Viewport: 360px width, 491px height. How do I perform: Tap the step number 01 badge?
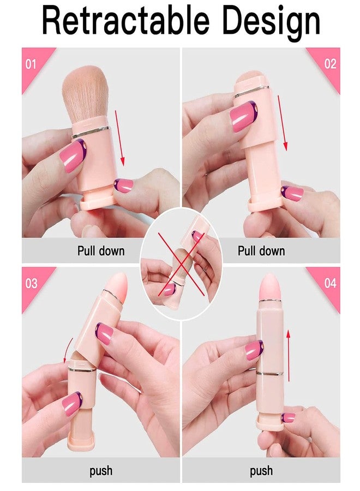pos(31,64)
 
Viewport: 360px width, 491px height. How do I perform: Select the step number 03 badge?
pos(32,283)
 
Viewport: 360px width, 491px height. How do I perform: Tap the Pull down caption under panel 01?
pos(100,251)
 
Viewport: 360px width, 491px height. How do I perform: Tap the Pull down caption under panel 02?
pos(261,251)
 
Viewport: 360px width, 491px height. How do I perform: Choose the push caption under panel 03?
pos(100,470)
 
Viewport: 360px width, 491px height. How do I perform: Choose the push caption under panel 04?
pos(262,470)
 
